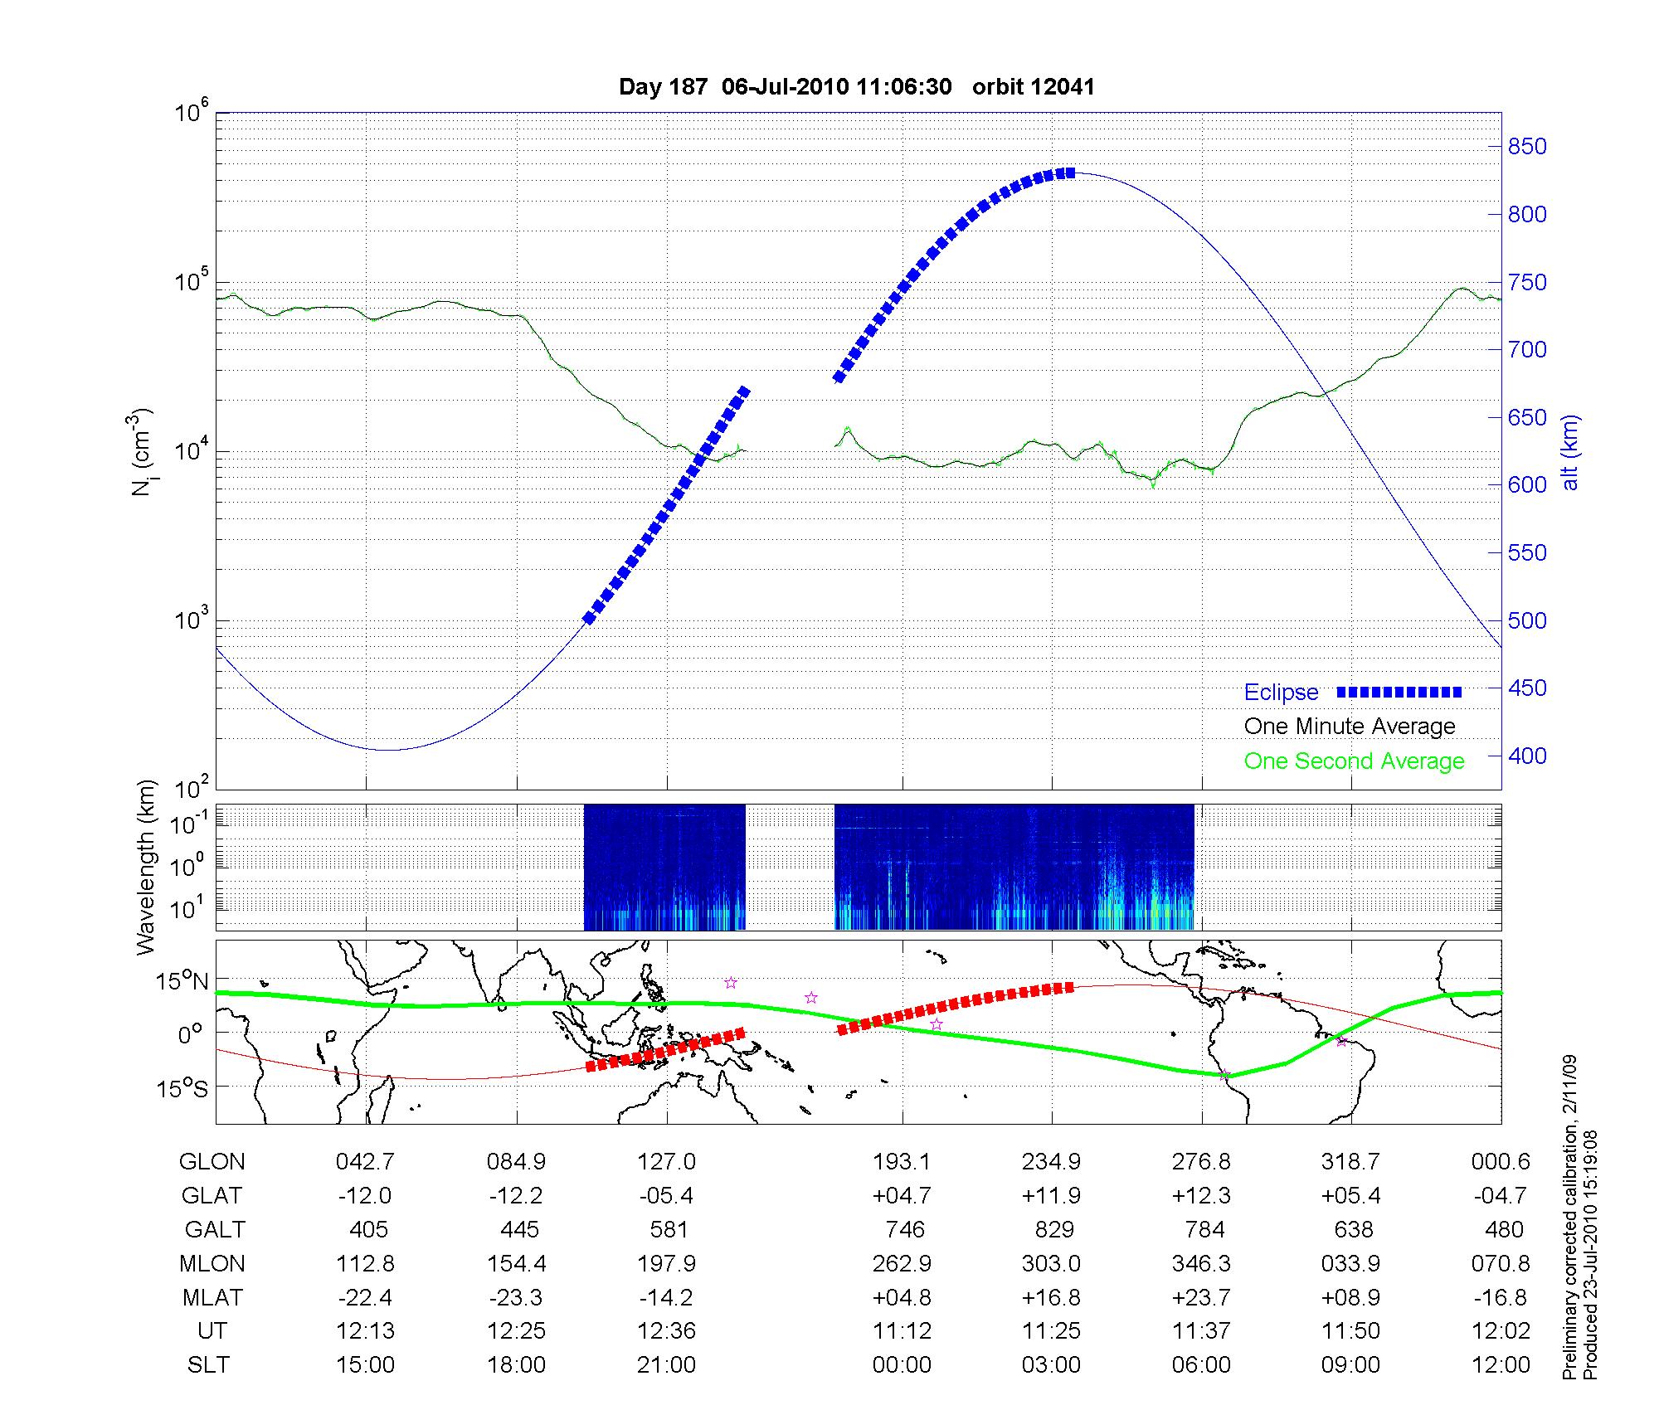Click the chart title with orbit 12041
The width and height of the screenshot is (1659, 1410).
(x=857, y=87)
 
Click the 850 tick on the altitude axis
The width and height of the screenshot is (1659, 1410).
(x=1527, y=147)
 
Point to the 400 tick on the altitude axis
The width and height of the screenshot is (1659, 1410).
(x=1527, y=756)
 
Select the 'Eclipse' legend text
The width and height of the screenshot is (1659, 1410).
(x=1281, y=693)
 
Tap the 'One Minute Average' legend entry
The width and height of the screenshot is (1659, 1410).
(x=1350, y=727)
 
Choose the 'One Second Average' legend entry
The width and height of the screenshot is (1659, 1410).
(x=1354, y=761)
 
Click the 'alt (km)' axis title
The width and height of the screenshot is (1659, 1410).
(x=1570, y=452)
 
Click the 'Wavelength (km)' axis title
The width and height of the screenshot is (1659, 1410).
(x=146, y=867)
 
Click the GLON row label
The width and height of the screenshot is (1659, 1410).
(x=212, y=1162)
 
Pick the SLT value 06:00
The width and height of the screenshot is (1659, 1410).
(x=1202, y=1364)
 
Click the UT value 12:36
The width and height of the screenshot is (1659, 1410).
(x=667, y=1330)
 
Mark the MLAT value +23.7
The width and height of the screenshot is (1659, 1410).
(x=1202, y=1297)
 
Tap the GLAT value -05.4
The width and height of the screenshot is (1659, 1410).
(x=667, y=1196)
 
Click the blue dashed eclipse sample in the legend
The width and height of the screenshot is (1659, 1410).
(x=1399, y=693)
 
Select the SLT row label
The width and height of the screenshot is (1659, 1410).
(x=208, y=1364)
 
